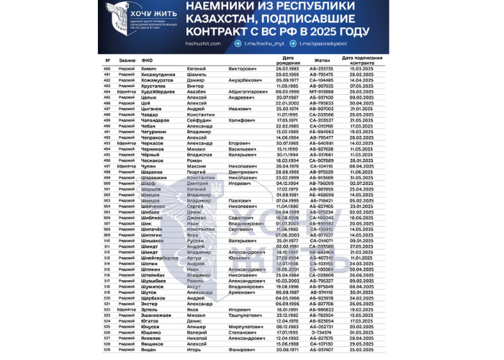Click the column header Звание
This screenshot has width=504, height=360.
127,60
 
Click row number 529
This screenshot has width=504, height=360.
107,351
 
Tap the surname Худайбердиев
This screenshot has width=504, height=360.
163,92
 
